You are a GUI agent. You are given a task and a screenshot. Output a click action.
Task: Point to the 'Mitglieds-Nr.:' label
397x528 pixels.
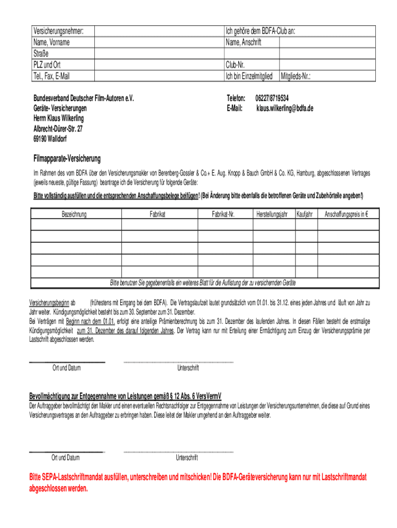pos(299,76)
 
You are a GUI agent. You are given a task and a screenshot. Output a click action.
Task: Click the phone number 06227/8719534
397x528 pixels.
pos(272,98)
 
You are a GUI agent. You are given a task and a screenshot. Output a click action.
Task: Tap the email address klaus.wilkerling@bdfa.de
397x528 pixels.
pos(285,108)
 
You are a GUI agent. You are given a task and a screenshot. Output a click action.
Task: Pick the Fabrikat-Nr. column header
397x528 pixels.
pos(223,214)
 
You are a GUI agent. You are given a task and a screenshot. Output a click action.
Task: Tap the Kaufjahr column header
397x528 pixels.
pos(305,214)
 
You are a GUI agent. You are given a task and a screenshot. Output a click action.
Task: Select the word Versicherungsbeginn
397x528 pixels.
pos(49,303)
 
